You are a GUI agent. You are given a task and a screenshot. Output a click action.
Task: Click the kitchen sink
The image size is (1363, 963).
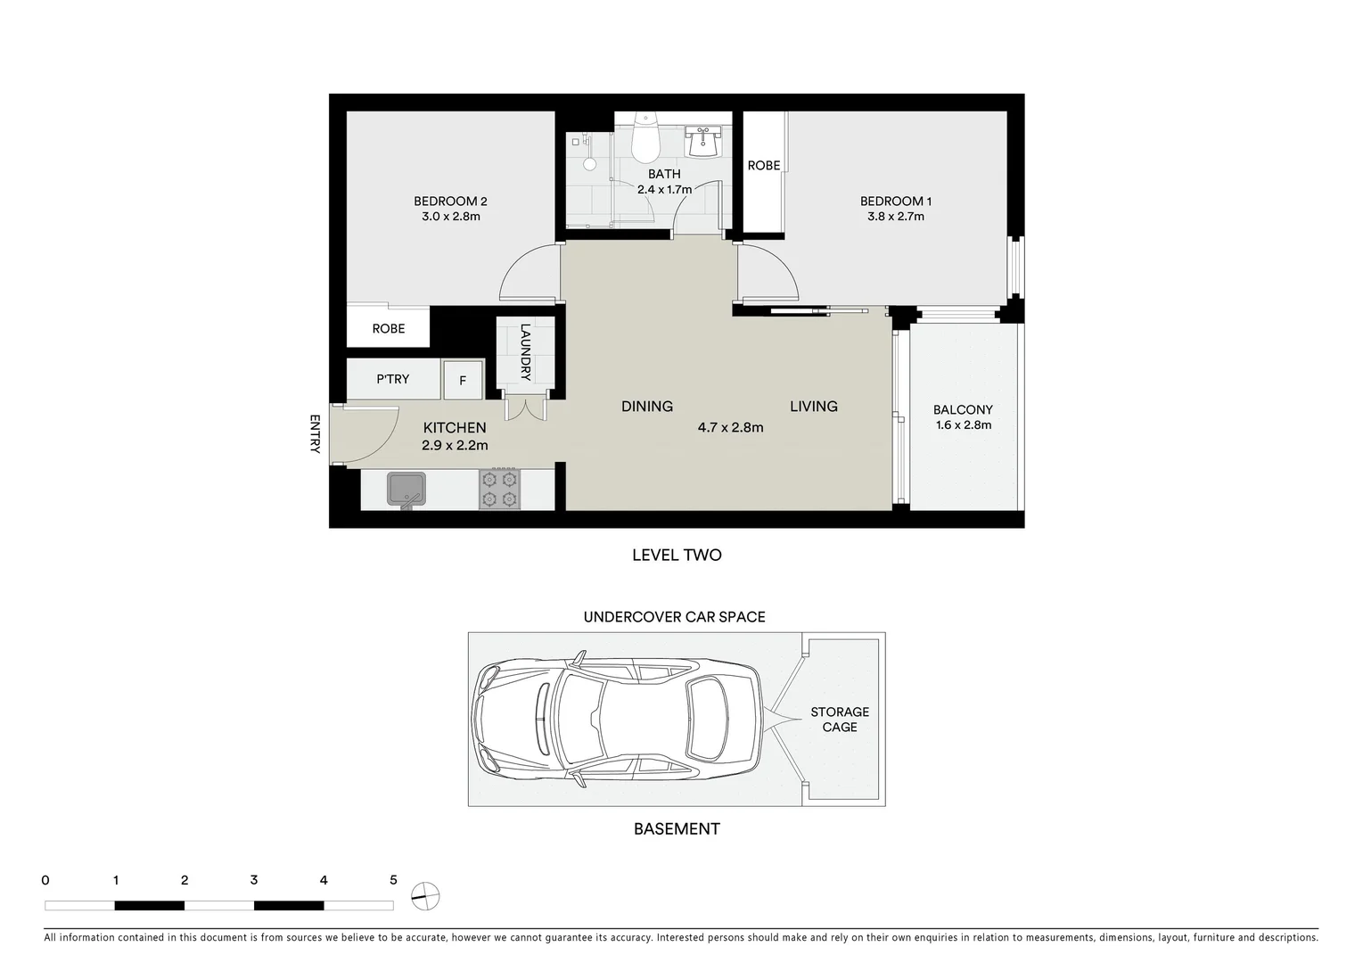coord(406,490)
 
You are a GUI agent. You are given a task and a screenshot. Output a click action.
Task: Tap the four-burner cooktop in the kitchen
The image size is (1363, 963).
coord(499,490)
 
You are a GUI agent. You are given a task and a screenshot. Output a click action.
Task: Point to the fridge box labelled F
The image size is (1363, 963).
coord(463,381)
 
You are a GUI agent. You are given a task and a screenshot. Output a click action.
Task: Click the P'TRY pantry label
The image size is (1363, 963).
coord(392,379)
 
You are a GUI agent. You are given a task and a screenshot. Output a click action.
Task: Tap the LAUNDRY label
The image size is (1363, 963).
coord(525,352)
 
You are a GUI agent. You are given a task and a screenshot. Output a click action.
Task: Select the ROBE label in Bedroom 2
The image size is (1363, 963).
coord(388,328)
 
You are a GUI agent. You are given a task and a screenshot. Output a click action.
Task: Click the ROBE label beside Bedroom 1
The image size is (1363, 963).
coord(763,165)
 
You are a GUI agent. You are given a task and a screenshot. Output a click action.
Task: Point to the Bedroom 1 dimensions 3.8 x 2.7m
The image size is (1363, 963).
coord(895,217)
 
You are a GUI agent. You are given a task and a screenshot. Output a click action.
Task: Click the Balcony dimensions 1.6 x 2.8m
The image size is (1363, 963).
coord(963,425)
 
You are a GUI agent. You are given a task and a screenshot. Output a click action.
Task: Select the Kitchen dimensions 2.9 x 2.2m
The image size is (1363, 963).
coord(455,445)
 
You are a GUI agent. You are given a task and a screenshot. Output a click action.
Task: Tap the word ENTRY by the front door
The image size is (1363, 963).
coord(315,434)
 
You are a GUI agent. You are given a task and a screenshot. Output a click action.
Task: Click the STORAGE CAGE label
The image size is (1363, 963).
coord(839,720)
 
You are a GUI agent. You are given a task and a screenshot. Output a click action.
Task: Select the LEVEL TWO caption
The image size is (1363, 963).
coord(677,555)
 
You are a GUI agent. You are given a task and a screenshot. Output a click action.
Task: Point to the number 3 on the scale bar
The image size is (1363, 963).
coord(254,880)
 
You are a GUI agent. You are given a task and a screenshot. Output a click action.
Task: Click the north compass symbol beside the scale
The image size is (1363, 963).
coord(426,894)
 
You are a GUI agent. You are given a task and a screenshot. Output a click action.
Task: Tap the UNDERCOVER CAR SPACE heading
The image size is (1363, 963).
coord(674,617)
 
